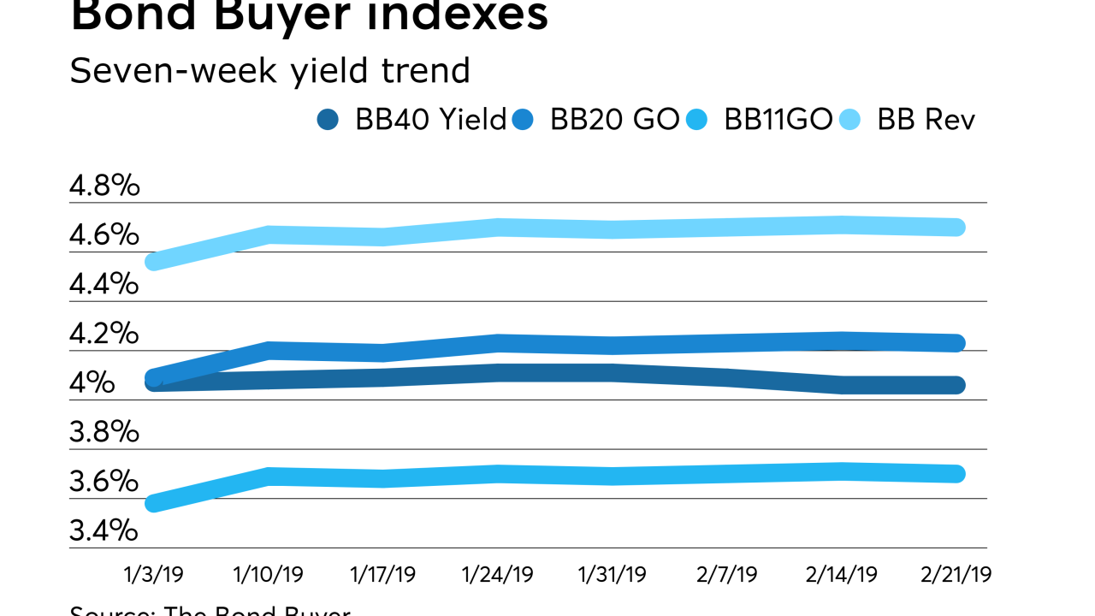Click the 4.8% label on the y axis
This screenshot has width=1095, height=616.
click(x=104, y=185)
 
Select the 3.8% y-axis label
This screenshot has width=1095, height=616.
click(x=104, y=431)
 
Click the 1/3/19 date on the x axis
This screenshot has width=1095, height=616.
click(x=154, y=573)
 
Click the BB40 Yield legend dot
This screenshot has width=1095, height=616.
click(x=328, y=120)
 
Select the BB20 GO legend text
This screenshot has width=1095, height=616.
click(x=614, y=120)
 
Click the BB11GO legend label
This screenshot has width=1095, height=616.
click(x=778, y=120)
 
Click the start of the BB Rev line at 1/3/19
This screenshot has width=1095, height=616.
click(x=154, y=262)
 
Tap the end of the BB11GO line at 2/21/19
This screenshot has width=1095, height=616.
click(x=957, y=473)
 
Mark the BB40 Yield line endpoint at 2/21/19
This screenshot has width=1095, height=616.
click(x=957, y=385)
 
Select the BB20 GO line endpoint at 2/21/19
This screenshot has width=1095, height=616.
click(x=957, y=343)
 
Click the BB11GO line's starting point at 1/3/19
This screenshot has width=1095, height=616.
click(x=154, y=503)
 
